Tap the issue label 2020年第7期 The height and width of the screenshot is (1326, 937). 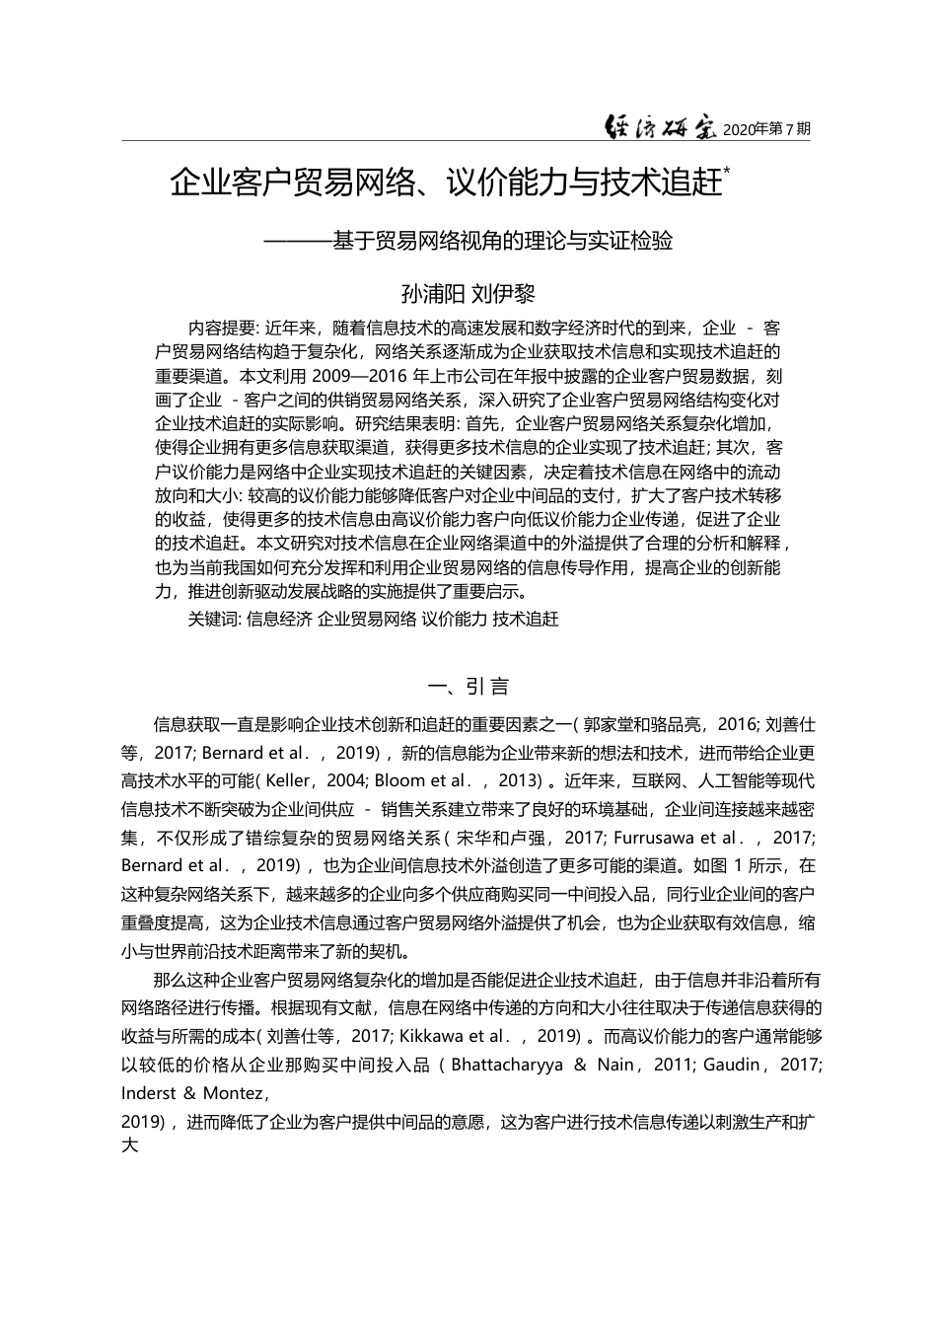pos(766,129)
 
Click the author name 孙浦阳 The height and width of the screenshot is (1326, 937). pos(432,294)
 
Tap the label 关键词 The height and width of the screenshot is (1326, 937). pos(213,619)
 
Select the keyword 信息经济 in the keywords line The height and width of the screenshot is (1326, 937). pos(279,619)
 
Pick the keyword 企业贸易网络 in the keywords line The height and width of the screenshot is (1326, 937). pos(367,619)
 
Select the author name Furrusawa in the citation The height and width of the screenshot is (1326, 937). pos(655,838)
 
